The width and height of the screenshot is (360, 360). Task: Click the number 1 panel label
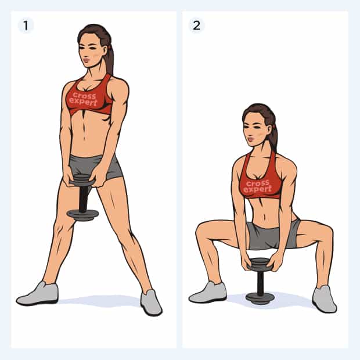tap(26, 25)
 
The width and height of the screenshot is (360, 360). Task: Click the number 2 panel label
tap(196, 25)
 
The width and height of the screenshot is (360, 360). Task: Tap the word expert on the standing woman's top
tap(83, 102)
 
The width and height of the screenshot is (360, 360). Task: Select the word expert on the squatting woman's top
tap(257, 189)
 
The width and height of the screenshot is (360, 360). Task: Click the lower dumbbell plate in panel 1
tap(82, 215)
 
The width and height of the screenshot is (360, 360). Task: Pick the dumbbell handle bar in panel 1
tap(84, 198)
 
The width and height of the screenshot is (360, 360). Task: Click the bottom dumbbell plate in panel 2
tap(260, 298)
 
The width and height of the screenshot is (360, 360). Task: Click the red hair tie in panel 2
tap(274, 126)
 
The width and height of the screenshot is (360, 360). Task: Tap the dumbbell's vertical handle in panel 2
tap(260, 282)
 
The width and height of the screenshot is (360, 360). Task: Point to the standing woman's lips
tap(86, 60)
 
